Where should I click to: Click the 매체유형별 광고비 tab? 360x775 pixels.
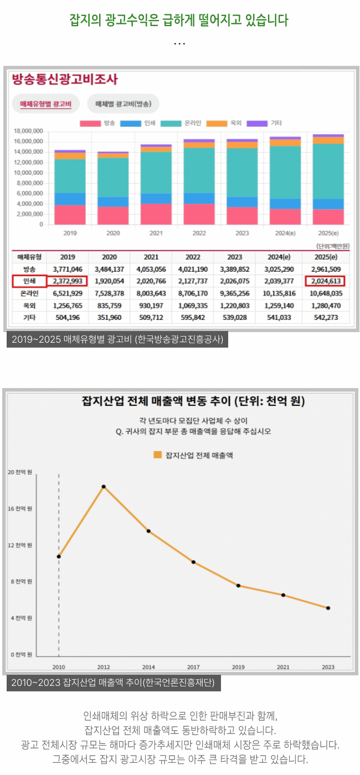(45, 104)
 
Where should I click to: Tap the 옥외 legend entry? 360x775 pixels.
(231, 123)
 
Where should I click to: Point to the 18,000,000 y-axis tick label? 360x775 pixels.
(28, 131)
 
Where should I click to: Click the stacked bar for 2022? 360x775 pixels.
(199, 183)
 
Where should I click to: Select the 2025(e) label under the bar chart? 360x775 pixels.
(328, 234)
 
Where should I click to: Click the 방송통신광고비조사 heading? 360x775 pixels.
(65, 79)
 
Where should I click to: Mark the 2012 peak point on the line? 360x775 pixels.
(104, 487)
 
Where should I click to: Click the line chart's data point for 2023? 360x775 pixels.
(328, 608)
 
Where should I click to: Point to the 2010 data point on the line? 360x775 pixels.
(59, 556)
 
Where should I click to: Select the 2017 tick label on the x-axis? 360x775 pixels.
(193, 667)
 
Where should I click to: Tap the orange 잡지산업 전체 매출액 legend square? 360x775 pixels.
(157, 455)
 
